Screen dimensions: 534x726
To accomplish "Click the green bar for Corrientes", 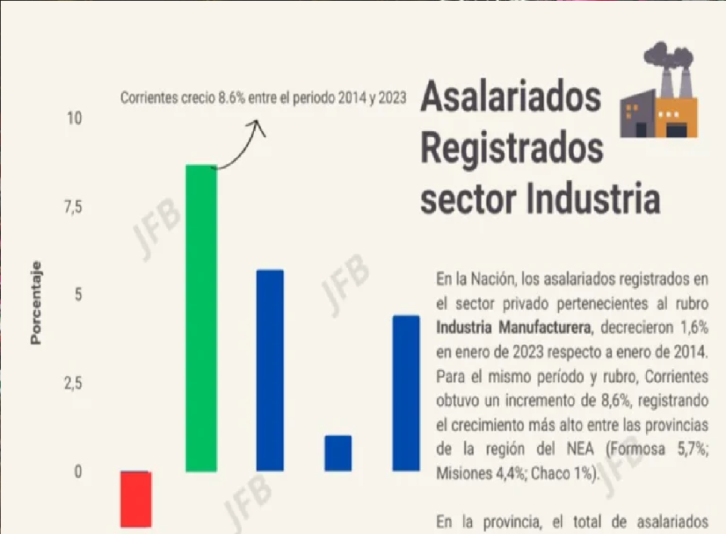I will click(x=201, y=318).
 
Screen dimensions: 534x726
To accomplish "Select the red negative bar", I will click(x=136, y=499).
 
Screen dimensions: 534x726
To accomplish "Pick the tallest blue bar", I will click(x=270, y=370).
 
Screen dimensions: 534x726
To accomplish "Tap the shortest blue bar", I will click(x=338, y=453).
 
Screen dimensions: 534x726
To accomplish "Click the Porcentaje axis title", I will click(x=36, y=303).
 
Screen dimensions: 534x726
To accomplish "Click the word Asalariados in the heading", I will click(x=511, y=96).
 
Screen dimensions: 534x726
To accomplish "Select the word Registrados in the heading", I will click(x=512, y=148).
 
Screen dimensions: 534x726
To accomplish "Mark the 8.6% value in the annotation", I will click(x=231, y=98).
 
